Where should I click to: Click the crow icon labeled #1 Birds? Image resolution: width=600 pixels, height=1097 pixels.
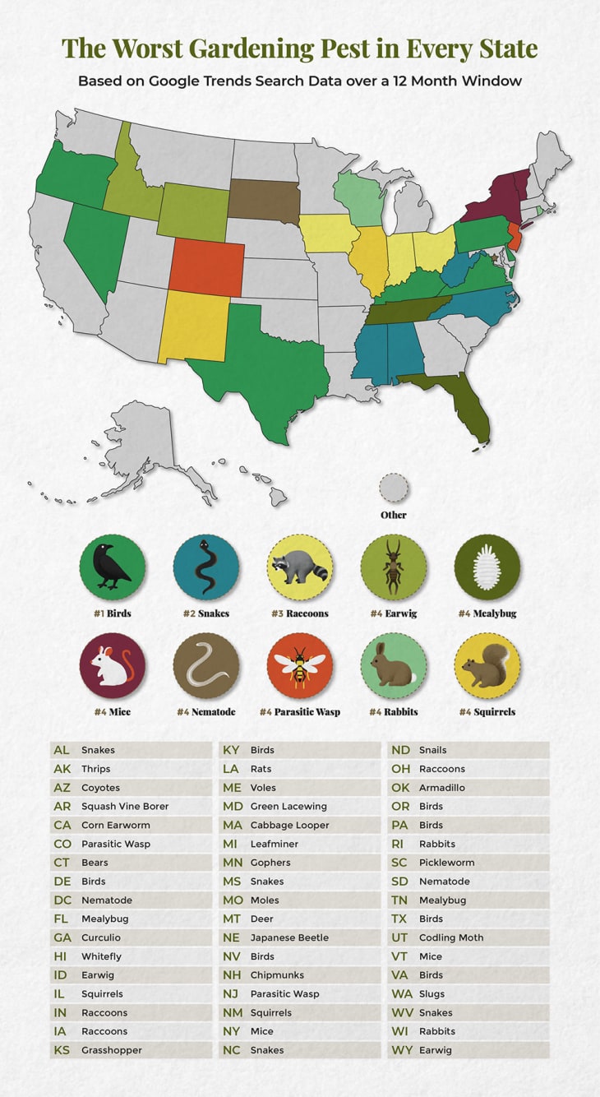[112, 567]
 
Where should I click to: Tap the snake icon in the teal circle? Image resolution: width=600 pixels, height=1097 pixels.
[205, 567]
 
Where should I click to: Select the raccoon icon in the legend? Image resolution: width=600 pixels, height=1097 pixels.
[299, 567]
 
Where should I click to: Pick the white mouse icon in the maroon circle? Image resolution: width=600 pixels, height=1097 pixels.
[112, 665]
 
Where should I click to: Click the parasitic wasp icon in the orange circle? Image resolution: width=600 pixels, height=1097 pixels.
[299, 665]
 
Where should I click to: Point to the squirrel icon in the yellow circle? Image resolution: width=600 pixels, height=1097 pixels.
[487, 665]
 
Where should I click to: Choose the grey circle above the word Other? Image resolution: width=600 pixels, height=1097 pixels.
[394, 488]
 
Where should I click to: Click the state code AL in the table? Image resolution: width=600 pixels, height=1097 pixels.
[62, 750]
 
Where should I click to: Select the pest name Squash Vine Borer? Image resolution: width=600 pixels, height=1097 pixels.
[124, 806]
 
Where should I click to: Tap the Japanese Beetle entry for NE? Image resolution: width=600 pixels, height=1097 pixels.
[289, 937]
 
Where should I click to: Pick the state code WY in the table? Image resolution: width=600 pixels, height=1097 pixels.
[400, 1050]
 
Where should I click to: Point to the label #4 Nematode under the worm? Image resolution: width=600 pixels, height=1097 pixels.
[205, 711]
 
